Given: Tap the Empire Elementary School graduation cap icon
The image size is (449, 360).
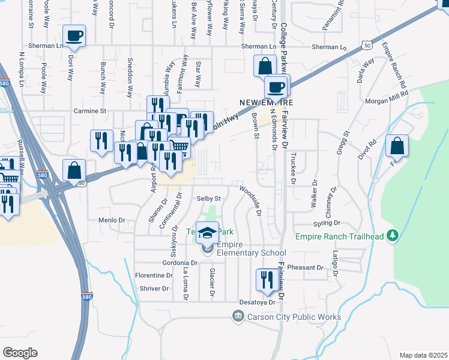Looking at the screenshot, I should pos(208,233).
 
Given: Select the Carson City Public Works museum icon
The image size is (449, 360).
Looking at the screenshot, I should pos(238,316).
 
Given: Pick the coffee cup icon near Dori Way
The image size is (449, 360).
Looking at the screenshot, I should pos(74,36).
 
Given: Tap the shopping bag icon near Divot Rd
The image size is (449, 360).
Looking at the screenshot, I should pos(397,146).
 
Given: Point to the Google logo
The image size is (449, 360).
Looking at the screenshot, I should pos(20,353).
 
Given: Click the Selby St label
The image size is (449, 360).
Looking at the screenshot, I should pos(209,198).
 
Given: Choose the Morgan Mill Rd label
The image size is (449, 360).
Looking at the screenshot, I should pos(388,94).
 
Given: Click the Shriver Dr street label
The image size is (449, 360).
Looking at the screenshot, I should pos(155,289).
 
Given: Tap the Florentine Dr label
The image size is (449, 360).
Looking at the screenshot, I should pos(153,275).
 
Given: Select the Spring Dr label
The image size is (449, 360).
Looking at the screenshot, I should pos(326,222).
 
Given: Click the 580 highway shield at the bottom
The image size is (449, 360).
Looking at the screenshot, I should pos(87,296).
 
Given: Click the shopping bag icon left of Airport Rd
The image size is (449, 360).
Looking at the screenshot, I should pos(75,170).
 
